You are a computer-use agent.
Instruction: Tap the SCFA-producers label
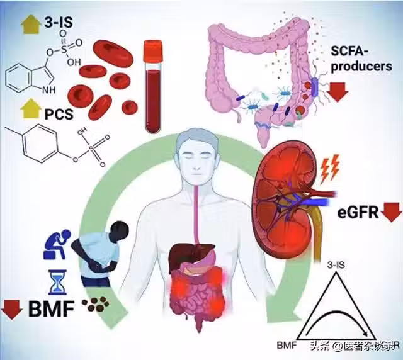click(357, 59)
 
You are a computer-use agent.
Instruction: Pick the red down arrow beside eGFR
click(391, 212)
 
